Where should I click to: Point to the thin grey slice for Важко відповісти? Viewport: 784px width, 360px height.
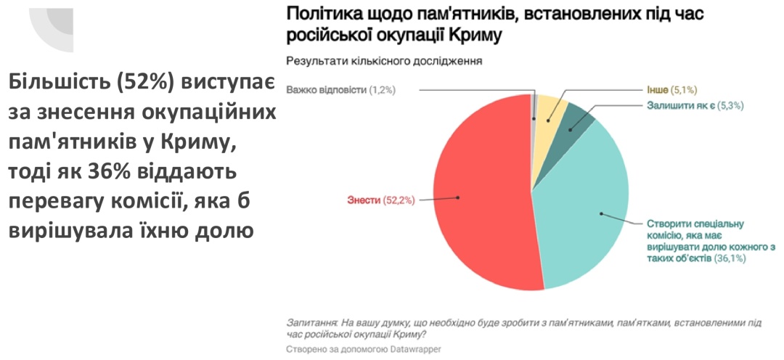pos(535,109)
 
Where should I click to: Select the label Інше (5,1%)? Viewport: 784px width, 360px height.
pos(672,90)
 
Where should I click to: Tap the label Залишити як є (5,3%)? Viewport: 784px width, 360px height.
pos(695,105)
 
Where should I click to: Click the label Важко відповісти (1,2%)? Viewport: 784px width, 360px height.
pos(340,90)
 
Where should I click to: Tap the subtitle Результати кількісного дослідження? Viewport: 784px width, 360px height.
pos(385,61)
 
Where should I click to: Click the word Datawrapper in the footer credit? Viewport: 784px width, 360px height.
pos(409,349)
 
